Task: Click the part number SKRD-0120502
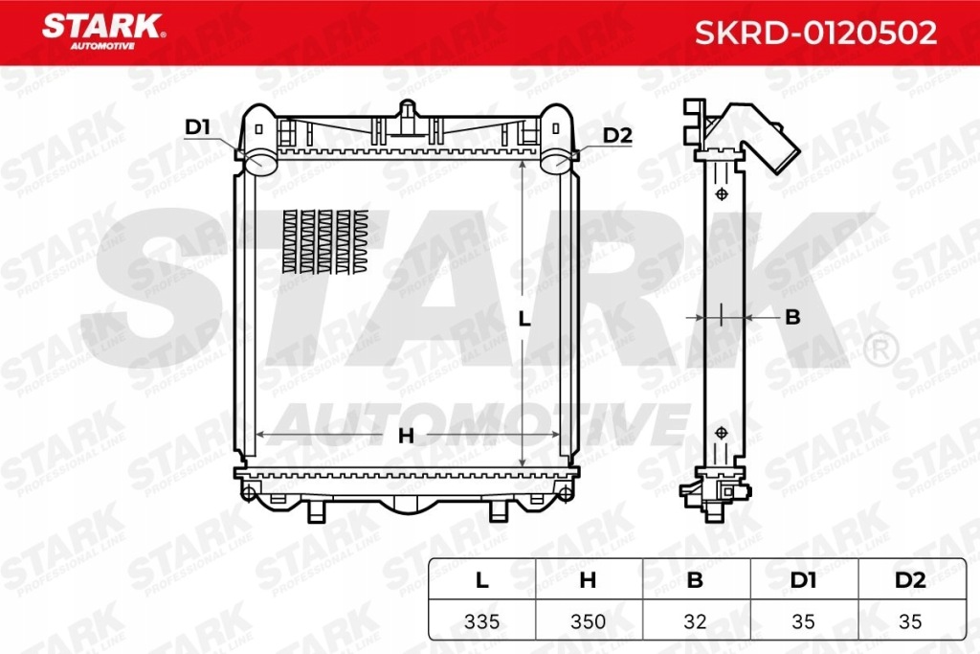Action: pyautogui.click(x=814, y=34)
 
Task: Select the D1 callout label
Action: pyautogui.click(x=197, y=126)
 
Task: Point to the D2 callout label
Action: pyautogui.click(x=618, y=135)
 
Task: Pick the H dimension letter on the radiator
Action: pyautogui.click(x=406, y=436)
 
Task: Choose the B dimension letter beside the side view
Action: pyautogui.click(x=791, y=317)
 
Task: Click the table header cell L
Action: pyautogui.click(x=481, y=579)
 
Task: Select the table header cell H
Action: pyautogui.click(x=589, y=579)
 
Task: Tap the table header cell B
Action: pyautogui.click(x=696, y=579)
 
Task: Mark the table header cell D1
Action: pyautogui.click(x=803, y=579)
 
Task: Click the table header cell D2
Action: pyautogui.click(x=910, y=579)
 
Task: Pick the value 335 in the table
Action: pyautogui.click(x=481, y=621)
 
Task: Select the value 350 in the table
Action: pyautogui.click(x=589, y=621)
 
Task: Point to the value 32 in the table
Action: pyautogui.click(x=696, y=621)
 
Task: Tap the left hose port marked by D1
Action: pyautogui.click(x=258, y=163)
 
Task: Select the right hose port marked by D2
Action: pyautogui.click(x=555, y=163)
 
